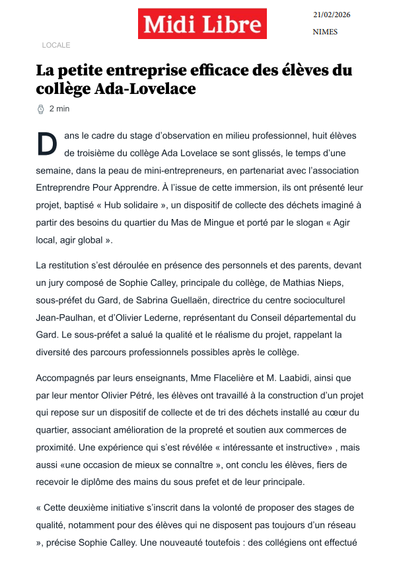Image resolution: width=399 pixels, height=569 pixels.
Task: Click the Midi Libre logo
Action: [x=202, y=24]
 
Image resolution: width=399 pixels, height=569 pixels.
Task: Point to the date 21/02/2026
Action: [x=332, y=14]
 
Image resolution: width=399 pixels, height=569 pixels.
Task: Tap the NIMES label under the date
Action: [x=325, y=32]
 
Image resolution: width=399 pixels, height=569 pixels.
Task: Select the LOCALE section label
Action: [x=55, y=45]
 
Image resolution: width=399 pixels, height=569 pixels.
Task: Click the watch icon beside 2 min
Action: [x=40, y=109]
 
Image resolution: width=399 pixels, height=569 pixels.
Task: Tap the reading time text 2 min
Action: [x=59, y=109]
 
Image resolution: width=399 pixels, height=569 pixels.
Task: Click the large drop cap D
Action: [x=47, y=144]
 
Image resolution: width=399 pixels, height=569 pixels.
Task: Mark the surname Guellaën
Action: [x=188, y=300]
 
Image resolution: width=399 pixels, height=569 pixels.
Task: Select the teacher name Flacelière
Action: [x=229, y=378]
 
